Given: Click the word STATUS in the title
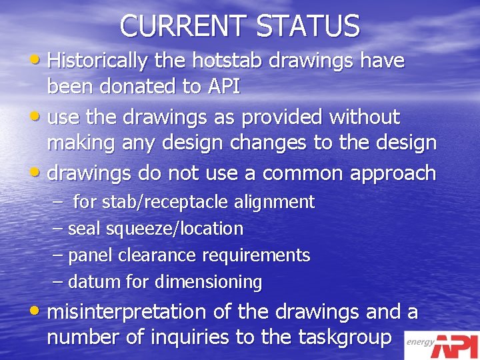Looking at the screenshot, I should [308, 26].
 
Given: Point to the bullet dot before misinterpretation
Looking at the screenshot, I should [37, 312].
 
